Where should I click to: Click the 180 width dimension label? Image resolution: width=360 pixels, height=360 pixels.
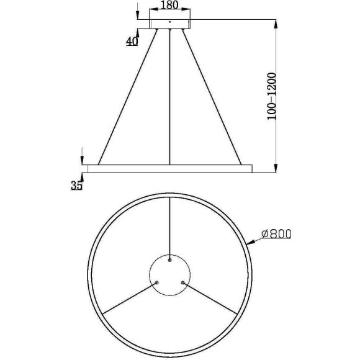click(x=170, y=5)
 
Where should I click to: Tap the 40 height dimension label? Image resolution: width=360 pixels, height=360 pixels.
click(x=132, y=42)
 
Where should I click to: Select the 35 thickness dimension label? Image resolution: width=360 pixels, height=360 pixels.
click(x=76, y=186)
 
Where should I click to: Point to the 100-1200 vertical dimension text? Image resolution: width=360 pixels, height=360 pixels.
click(x=271, y=96)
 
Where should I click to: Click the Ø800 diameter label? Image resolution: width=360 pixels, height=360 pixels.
click(x=276, y=234)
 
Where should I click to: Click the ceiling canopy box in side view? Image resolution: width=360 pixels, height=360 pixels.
click(x=169, y=24)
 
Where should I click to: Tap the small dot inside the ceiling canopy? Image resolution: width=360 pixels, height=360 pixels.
click(x=169, y=22)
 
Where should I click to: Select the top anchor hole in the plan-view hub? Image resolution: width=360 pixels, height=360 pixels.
click(x=169, y=260)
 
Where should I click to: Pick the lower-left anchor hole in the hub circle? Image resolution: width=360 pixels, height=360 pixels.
click(x=157, y=282)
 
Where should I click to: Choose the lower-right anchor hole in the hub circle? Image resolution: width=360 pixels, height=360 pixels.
click(x=182, y=282)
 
